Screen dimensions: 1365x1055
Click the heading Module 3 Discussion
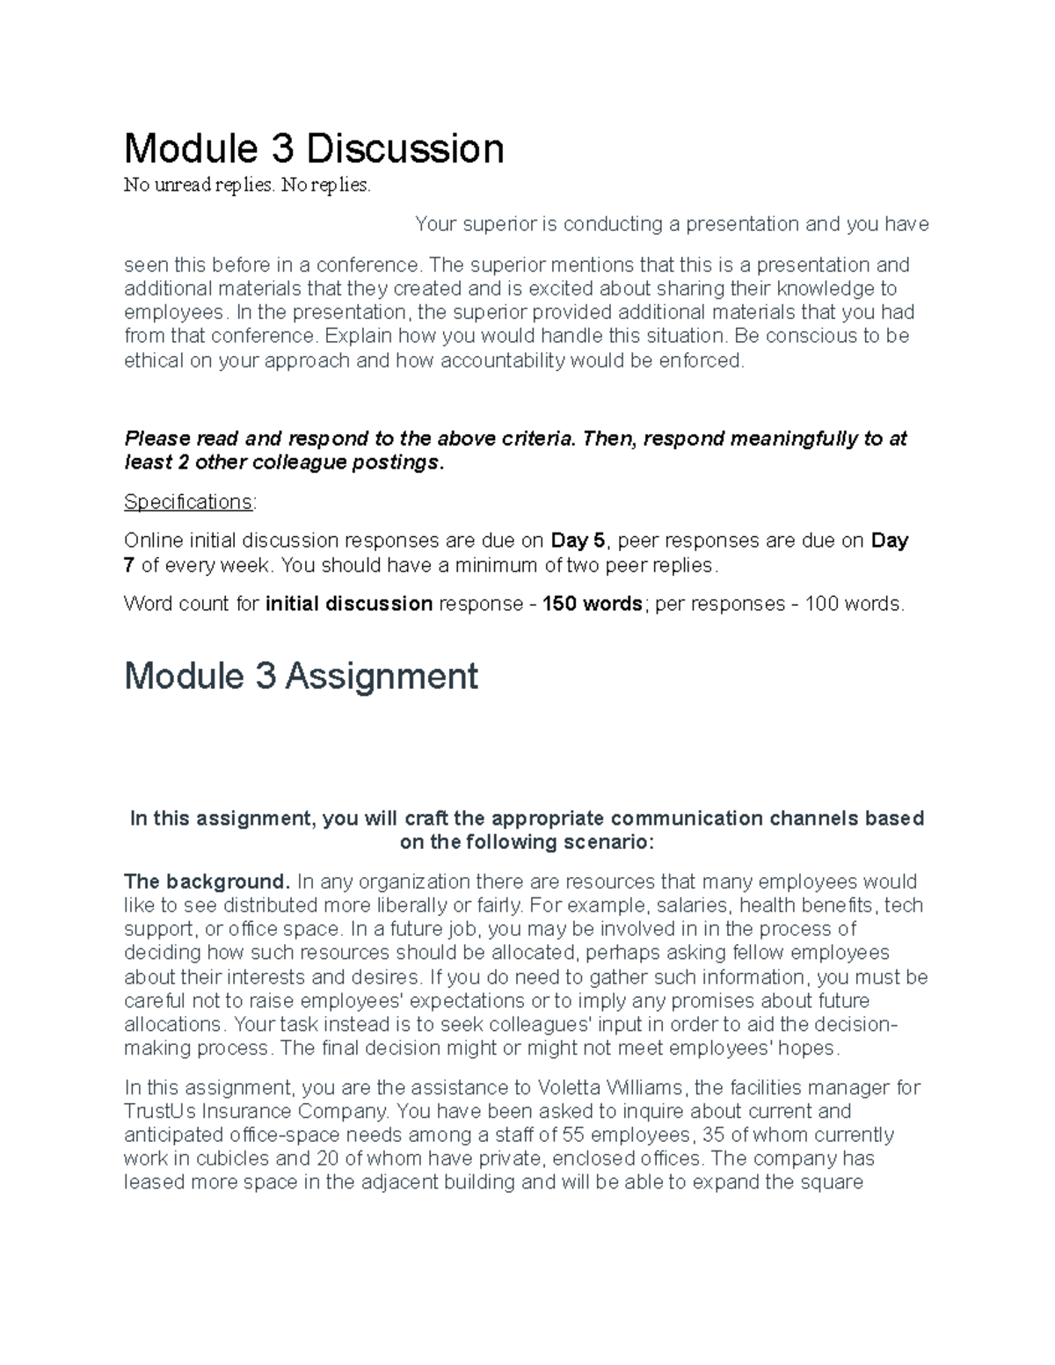pos(314,149)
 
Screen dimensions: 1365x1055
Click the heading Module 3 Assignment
pos(301,677)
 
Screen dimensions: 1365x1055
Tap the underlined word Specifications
pos(188,502)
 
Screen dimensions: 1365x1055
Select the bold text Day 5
pos(578,541)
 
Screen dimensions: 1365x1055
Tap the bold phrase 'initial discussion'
pos(349,604)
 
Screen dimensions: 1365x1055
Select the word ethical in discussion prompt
pos(154,360)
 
